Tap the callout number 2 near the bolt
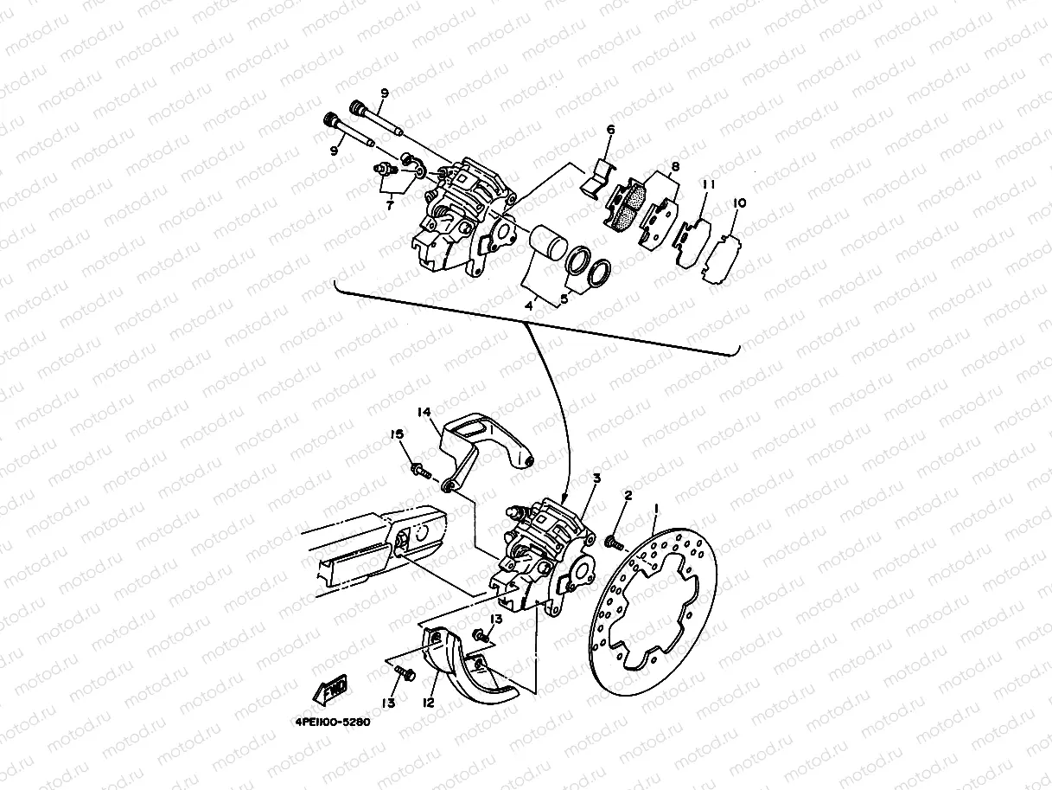(x=628, y=496)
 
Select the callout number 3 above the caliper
(x=596, y=478)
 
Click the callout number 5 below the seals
(x=564, y=299)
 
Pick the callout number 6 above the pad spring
(x=610, y=130)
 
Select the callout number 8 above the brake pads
(x=675, y=168)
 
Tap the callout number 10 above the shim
(x=739, y=204)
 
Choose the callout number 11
(x=708, y=186)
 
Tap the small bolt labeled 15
(x=422, y=471)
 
